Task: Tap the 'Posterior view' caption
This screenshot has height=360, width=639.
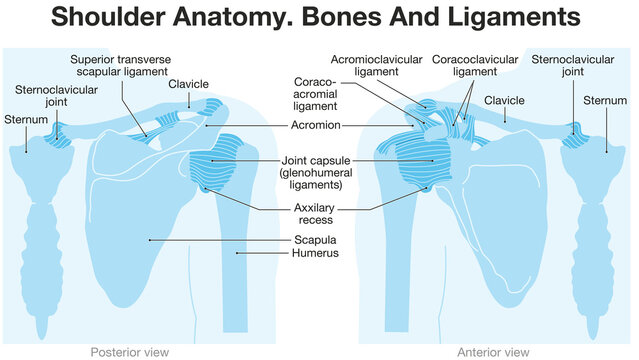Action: tap(125, 352)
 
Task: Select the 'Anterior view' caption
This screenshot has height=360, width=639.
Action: tap(493, 352)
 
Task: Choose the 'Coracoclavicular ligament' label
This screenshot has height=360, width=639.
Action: tap(473, 66)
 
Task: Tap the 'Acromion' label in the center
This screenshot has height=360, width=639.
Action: tap(316, 125)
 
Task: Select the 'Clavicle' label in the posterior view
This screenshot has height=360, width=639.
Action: tap(189, 84)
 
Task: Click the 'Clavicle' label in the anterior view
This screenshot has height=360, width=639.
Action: tap(504, 101)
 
